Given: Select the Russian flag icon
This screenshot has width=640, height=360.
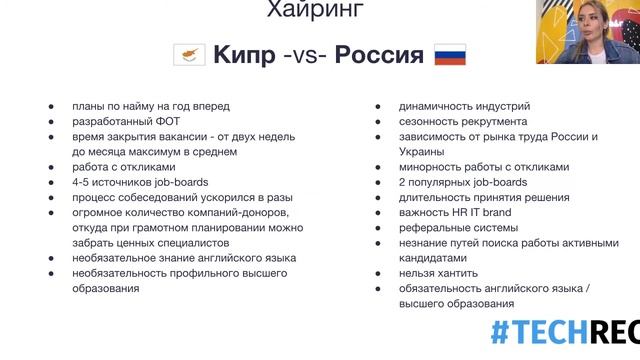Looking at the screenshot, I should click(x=449, y=54).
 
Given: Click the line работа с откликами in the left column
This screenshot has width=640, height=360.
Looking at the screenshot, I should click(x=124, y=167).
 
